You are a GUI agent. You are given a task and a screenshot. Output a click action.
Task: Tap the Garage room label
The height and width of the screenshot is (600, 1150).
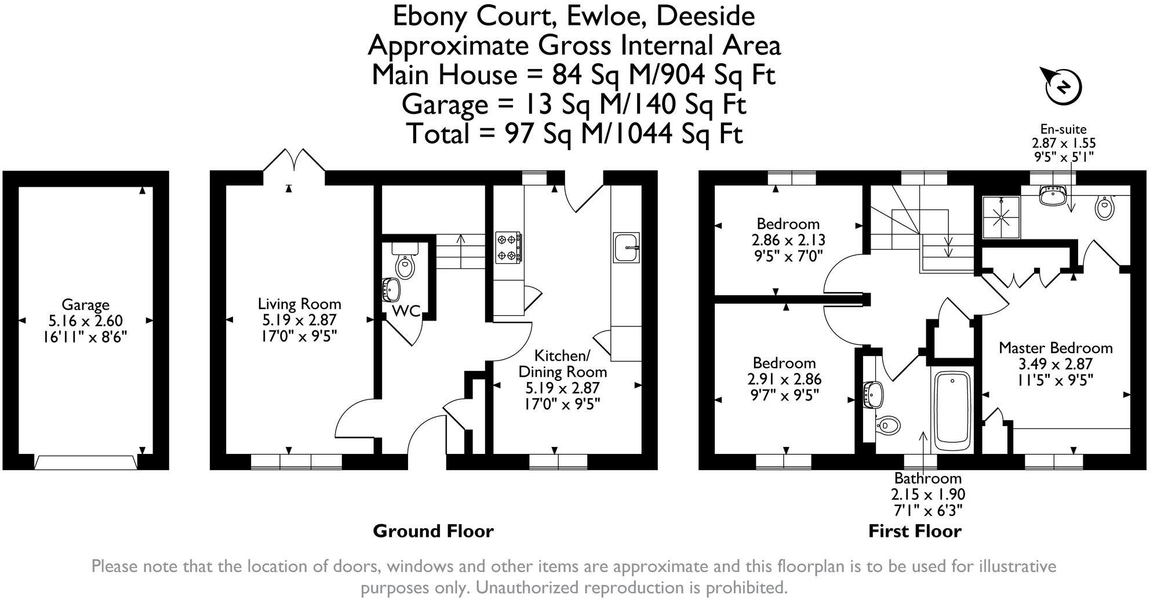(x=85, y=304)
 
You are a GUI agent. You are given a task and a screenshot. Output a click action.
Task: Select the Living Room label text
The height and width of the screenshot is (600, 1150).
(x=299, y=304)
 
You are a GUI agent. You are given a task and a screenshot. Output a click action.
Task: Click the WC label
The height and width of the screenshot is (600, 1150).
(x=406, y=311)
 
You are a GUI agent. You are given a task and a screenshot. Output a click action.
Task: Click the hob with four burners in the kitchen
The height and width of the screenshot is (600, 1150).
(x=508, y=248)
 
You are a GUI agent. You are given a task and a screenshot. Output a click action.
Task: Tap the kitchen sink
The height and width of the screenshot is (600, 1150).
(x=627, y=248)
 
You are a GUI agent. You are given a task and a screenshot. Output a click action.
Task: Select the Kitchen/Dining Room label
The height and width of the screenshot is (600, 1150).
(x=562, y=363)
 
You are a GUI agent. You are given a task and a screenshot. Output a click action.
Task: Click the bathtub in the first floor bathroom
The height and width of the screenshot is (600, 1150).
(x=952, y=412)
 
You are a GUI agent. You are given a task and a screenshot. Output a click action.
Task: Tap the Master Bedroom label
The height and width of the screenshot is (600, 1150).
(x=1056, y=348)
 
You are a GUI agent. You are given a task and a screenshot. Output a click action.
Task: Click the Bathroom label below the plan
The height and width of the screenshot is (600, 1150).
(x=928, y=479)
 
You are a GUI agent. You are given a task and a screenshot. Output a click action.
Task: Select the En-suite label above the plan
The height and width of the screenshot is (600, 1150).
(x=1063, y=129)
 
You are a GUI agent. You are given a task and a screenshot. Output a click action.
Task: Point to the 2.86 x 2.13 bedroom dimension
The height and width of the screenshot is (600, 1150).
(x=788, y=240)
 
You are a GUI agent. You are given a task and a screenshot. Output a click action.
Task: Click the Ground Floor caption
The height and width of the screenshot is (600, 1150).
(x=433, y=531)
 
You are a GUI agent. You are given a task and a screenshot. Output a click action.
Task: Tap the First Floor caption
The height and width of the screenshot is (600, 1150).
(x=915, y=531)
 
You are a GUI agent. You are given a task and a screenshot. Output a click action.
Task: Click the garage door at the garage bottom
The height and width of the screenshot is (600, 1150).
(x=86, y=462)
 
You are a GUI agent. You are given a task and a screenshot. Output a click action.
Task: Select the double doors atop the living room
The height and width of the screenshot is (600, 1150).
(x=294, y=159)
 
